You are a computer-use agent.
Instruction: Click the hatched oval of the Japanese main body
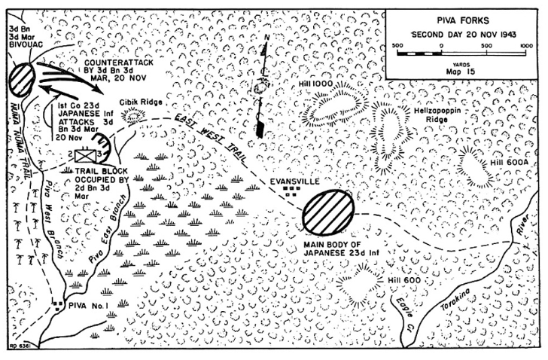pos(328,212)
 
